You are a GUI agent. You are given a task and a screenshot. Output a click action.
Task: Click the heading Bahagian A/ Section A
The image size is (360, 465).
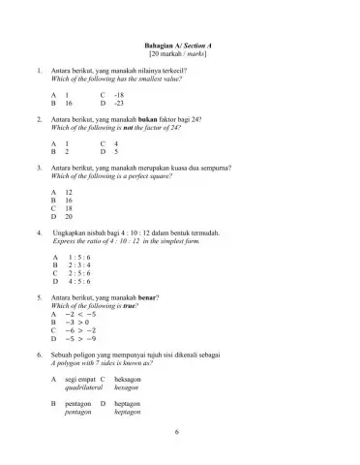pyautogui.click(x=179, y=46)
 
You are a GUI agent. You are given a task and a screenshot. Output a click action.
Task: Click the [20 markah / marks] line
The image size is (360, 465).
pyautogui.click(x=179, y=55)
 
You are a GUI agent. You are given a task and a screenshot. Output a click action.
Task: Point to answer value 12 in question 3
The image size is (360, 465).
pyautogui.click(x=69, y=193)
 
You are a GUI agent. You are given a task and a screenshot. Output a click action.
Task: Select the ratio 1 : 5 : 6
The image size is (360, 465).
pyautogui.click(x=79, y=257)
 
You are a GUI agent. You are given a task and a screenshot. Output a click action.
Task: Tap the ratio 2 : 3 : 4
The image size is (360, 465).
pyautogui.click(x=79, y=264)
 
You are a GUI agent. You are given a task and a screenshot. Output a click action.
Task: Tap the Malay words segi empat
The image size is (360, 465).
pyautogui.click(x=79, y=381)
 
